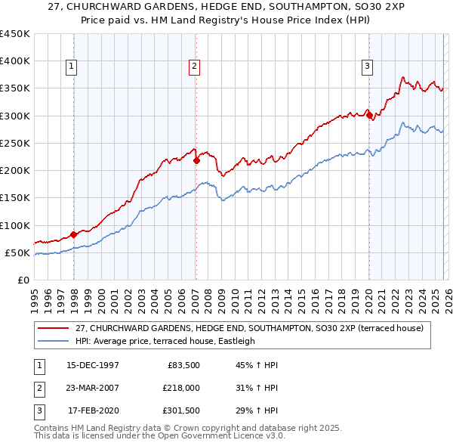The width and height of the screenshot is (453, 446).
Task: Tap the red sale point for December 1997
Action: click(x=74, y=234)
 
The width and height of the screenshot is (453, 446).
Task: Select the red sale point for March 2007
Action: click(x=196, y=160)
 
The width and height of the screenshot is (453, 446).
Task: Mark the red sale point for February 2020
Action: click(x=369, y=115)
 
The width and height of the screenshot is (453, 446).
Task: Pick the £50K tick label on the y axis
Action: click(x=18, y=252)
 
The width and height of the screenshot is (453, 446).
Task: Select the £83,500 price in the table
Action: click(x=182, y=364)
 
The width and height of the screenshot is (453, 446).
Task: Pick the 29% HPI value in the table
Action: click(x=257, y=411)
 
